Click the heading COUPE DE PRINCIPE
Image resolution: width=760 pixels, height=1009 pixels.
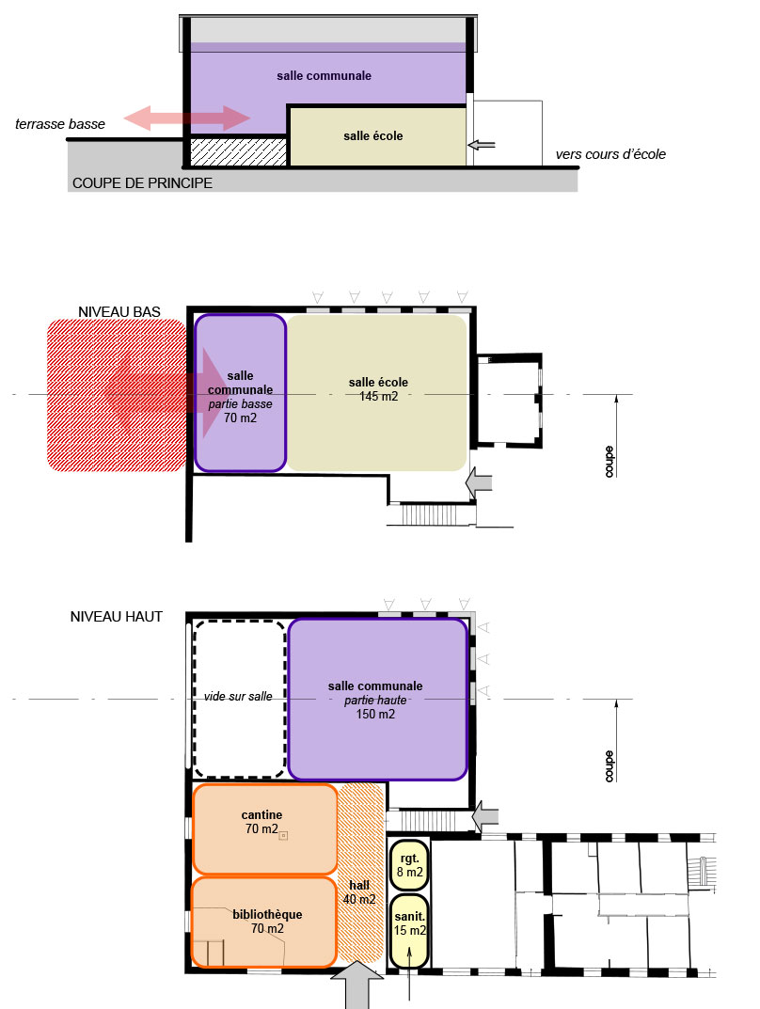[142, 182]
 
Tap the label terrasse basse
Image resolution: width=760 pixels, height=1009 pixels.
[60, 124]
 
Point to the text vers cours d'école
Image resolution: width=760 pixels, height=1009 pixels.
[610, 154]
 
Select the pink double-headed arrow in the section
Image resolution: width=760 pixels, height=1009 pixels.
[186, 118]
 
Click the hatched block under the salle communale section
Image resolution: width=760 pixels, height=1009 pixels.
[239, 151]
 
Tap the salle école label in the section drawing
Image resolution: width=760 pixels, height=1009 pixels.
[373, 135]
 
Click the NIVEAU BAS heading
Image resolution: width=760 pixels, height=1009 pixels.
[119, 312]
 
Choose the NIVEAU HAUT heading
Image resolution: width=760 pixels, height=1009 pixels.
[116, 617]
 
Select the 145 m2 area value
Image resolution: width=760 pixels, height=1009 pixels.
[378, 397]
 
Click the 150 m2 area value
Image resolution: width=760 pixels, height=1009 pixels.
[375, 715]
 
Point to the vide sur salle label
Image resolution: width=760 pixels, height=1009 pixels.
[238, 696]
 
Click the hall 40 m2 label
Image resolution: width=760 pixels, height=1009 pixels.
[359, 892]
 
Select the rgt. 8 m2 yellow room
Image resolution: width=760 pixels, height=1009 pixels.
[409, 865]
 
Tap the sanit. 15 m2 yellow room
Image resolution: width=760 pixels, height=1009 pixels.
[409, 931]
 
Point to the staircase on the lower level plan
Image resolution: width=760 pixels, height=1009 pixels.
[429, 514]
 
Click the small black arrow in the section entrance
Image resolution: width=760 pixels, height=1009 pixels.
[482, 145]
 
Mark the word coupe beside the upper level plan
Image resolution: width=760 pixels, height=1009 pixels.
[609, 765]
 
